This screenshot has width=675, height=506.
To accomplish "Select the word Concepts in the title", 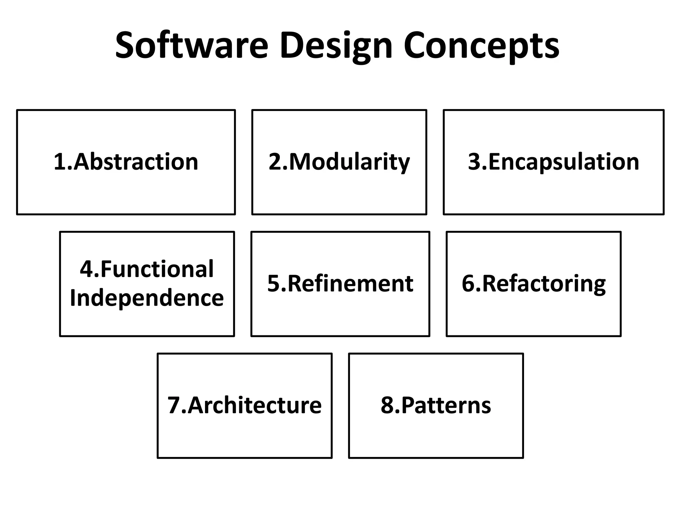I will point(481,46).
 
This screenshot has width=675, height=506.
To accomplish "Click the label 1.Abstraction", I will point(126,162).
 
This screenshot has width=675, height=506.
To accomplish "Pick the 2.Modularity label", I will point(339,162).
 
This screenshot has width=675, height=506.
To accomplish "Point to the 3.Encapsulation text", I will point(553,162).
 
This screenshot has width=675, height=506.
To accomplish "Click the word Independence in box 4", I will point(147,298).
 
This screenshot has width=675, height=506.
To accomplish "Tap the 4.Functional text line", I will point(147,269).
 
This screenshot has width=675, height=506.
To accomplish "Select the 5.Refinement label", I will point(340,284).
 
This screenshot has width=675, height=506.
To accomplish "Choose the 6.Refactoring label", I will point(534,284).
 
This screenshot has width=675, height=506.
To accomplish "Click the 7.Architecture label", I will point(245,405).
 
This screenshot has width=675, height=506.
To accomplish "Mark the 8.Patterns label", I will point(436,405).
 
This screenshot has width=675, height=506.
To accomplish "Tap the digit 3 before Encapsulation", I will point(475,162).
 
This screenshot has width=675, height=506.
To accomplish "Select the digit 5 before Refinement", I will point(273,284).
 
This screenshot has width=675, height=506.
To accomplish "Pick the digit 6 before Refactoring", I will point(468,284).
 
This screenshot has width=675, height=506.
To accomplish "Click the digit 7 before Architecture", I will point(174,405).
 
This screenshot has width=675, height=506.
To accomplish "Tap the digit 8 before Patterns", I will point(387,405).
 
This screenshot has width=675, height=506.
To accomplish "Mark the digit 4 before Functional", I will point(87,269).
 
